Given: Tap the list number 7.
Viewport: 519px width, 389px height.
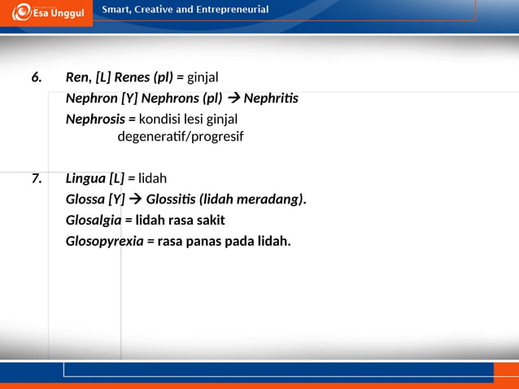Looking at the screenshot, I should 36,178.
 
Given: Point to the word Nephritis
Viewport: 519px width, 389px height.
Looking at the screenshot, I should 271,98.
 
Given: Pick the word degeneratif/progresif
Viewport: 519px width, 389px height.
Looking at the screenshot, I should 181,136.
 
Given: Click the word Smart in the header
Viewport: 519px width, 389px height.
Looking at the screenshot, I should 116,11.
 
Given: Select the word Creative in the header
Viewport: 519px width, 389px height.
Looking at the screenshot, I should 159,11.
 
